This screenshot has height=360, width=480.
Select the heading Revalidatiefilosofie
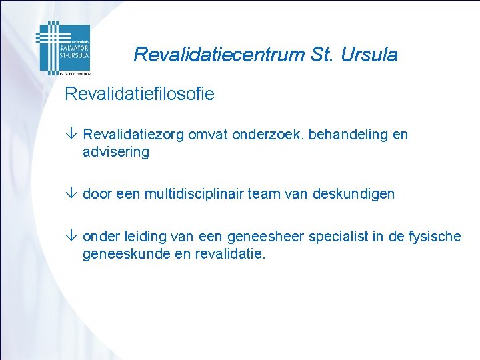[x=139, y=94]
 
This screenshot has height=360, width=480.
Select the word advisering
[x=116, y=152]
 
